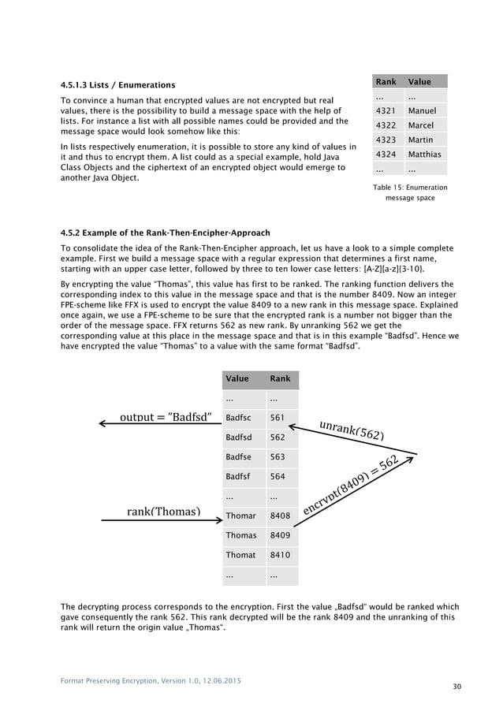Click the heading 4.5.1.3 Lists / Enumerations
118,84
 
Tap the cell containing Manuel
422,110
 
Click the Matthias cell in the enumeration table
424,154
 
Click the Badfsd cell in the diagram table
239,437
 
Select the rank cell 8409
279,535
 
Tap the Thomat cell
240,555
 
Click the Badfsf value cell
239,476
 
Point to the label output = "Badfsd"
165,417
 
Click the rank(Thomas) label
163,512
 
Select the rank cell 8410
279,555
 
